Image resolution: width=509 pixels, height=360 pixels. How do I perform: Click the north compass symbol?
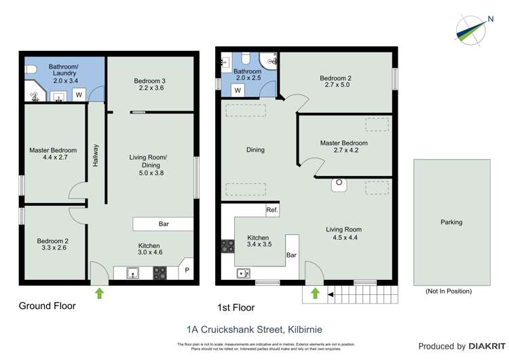tap(472, 29)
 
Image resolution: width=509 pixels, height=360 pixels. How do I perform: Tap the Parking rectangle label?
tap(451, 222)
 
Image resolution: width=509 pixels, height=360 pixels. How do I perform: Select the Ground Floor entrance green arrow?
tap(100, 293)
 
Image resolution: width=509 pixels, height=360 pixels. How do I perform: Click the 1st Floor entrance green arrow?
tap(315, 293)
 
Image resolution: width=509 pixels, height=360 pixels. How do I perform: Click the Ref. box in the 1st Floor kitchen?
tap(272, 210)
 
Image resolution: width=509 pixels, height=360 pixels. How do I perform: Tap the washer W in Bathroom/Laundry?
tap(79, 94)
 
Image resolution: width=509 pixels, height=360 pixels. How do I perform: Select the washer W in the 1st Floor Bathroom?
tap(238, 90)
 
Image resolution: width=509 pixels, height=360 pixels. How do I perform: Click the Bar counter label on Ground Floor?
tap(164, 223)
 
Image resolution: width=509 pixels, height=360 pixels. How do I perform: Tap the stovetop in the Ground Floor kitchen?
tap(160, 273)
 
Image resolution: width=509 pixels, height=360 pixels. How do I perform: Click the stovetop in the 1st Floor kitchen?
tap(227, 247)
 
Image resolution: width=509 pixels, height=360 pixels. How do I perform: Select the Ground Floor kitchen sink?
tap(132, 274)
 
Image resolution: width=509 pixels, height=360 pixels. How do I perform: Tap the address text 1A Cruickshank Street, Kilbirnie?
tap(254, 329)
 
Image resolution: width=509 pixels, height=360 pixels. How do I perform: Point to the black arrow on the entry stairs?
tap(331, 294)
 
